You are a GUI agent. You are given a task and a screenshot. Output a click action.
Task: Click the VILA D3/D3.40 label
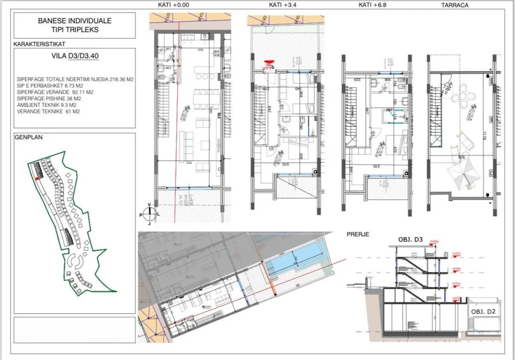[74, 55]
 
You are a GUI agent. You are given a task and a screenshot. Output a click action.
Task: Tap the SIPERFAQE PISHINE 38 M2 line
[49, 99]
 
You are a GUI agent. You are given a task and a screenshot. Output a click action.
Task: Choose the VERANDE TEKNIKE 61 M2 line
[48, 112]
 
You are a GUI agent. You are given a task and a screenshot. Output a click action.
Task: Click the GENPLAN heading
[29, 138]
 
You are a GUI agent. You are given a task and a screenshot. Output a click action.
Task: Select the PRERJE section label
[358, 234]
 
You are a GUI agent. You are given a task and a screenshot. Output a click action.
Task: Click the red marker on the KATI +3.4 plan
[268, 63]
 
